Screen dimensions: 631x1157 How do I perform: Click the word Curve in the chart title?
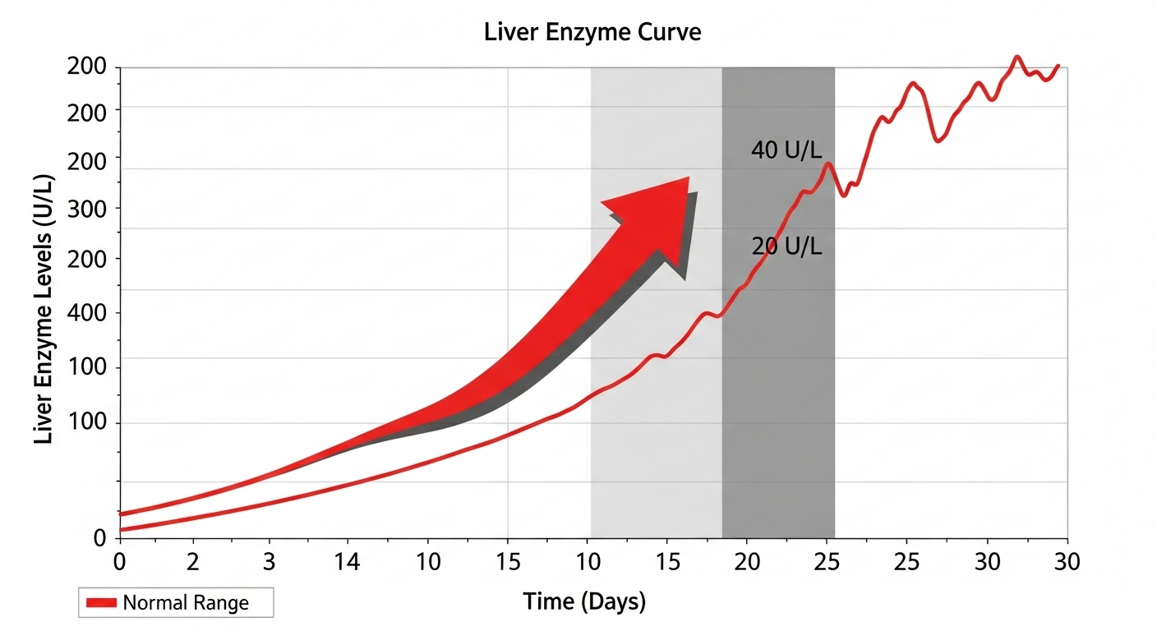(669, 34)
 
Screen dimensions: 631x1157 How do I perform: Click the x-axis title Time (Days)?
(584, 602)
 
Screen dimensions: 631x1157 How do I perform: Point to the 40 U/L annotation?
(786, 150)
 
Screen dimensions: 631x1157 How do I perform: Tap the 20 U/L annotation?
(786, 246)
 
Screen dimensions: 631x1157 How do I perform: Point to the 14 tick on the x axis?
(348, 564)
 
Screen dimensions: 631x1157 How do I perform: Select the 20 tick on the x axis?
(747, 564)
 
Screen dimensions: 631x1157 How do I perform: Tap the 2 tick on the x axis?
(193, 564)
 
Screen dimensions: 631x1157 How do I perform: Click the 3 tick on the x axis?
(268, 564)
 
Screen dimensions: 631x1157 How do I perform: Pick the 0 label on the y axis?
(100, 539)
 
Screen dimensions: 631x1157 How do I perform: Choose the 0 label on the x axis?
(120, 564)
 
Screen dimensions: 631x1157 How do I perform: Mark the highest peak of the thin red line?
(1017, 57)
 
